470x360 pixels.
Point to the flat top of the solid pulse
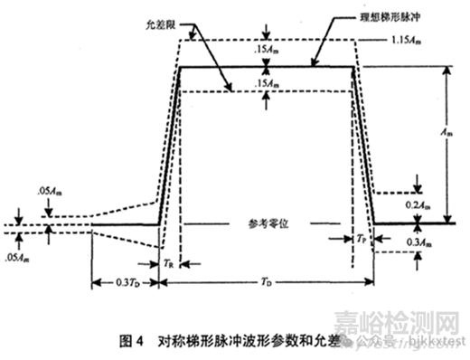point(271,67)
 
